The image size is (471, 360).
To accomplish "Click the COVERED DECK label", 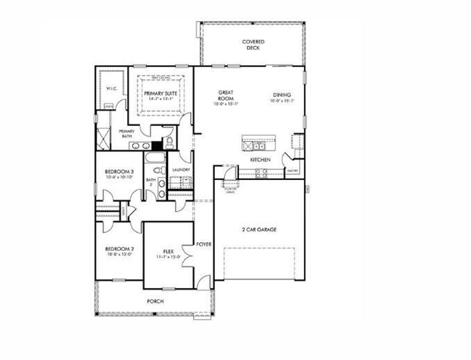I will pyautogui.click(x=254, y=45).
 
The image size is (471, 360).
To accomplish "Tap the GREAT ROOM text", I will pyautogui.click(x=226, y=95).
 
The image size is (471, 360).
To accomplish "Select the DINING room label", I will pyautogui.click(x=281, y=95).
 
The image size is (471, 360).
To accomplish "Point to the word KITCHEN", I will pyautogui.click(x=260, y=160).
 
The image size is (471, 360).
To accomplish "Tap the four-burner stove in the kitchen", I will pyautogui.click(x=262, y=172).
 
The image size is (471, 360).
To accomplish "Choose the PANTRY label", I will pyautogui.click(x=292, y=171).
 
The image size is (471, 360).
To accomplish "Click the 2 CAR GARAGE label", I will pyautogui.click(x=259, y=230).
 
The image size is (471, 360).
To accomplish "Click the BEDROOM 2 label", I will pyautogui.click(x=119, y=249).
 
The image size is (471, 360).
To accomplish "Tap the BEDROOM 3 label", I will pyautogui.click(x=119, y=172).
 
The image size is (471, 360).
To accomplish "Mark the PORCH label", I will pyautogui.click(x=155, y=301).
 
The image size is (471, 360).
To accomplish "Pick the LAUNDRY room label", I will pyautogui.click(x=181, y=170).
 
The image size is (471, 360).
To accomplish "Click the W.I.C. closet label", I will pyautogui.click(x=112, y=88).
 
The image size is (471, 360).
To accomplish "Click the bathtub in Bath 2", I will pyautogui.click(x=154, y=159).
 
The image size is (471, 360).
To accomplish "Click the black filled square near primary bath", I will pyautogui.click(x=157, y=145).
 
